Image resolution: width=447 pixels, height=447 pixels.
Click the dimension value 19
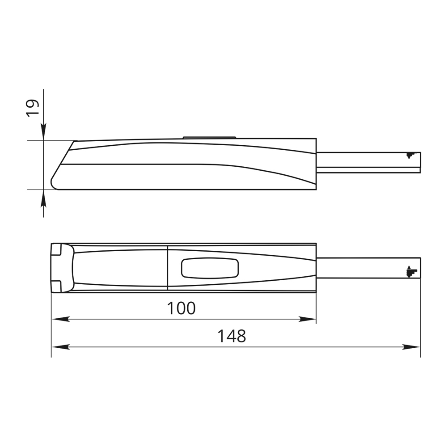[32, 108]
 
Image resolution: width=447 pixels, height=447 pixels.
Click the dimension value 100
[181, 308]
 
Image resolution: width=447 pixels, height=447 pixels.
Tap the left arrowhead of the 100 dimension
[60, 319]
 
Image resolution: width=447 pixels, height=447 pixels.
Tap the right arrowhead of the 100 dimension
[308, 319]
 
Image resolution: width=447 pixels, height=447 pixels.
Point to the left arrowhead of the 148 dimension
[60, 347]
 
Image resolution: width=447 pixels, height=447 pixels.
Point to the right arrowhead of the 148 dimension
[411, 347]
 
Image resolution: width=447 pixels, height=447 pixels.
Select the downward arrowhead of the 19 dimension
[43, 132]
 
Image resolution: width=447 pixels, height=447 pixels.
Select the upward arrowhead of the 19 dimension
[43, 198]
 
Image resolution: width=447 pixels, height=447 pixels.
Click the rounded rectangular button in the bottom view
[210, 268]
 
